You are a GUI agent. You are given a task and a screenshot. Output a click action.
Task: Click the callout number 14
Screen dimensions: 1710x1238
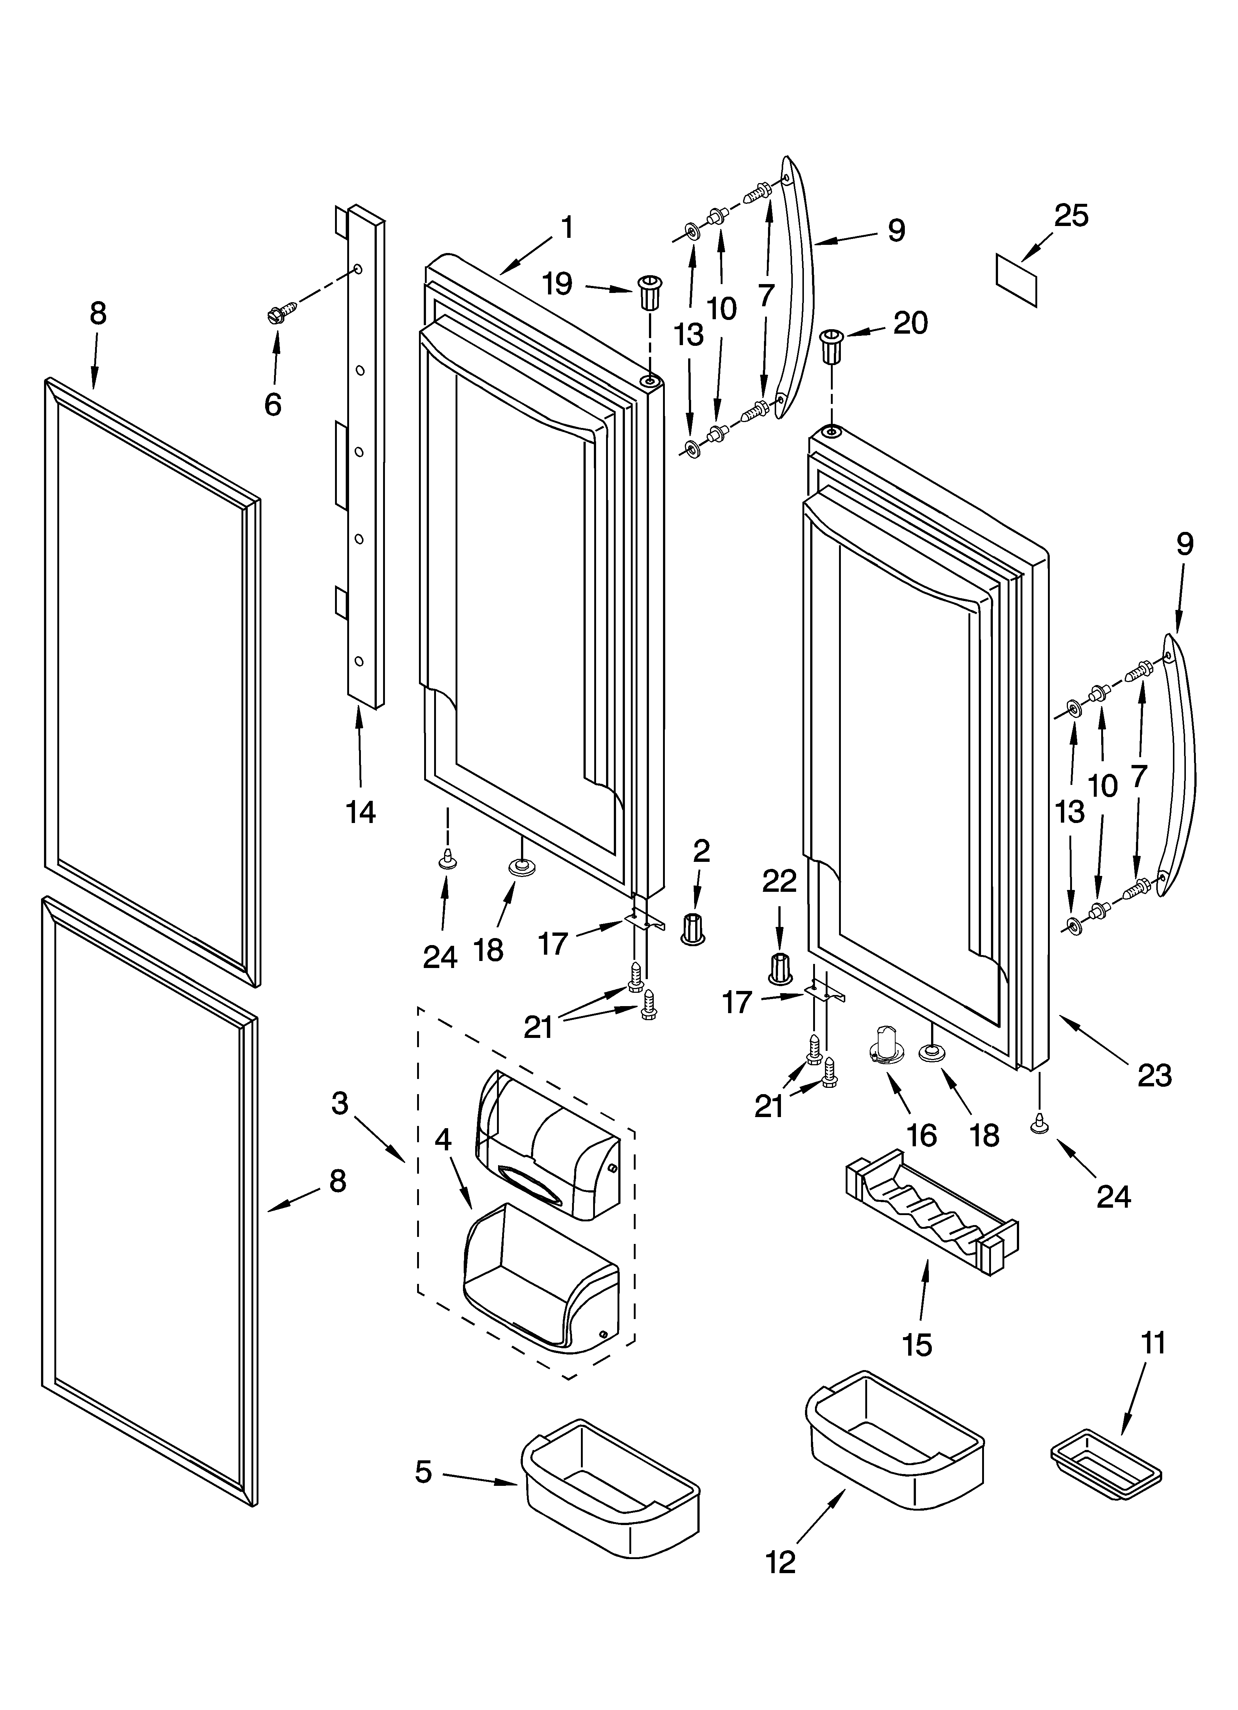pos(361,812)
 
